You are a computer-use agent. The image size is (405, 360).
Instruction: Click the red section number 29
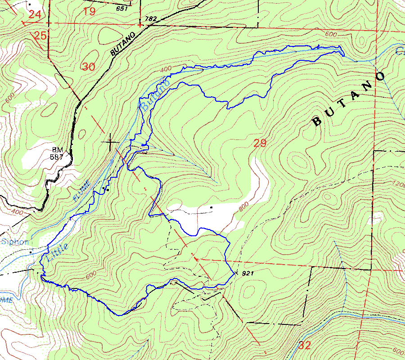[260, 144]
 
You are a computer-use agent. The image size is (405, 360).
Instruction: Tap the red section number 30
[89, 67]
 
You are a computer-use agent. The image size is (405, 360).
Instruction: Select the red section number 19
[90, 11]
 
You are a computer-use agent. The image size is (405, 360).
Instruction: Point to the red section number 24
[35, 14]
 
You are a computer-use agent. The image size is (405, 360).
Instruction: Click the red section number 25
[40, 36]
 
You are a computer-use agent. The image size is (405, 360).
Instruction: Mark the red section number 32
[304, 346]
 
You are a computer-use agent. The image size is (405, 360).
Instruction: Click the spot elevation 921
[248, 274]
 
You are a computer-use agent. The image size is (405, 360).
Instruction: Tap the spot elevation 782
[151, 19]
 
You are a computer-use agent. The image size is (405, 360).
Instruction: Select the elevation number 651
[121, 8]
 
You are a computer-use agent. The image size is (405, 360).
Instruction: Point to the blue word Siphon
[15, 242]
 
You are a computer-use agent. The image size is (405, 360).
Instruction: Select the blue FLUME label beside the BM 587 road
[82, 191]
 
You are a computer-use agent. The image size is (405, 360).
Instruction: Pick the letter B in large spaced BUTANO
[317, 121]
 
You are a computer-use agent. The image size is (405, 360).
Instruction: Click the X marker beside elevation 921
[237, 273]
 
